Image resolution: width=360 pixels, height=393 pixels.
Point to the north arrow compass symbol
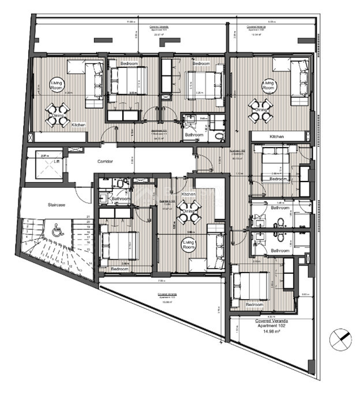click(x=340, y=338)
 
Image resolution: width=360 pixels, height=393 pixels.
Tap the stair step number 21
click(x=88, y=217)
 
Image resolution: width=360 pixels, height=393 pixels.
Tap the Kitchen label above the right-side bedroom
click(x=276, y=137)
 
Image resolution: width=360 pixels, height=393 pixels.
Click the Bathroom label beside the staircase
click(x=121, y=199)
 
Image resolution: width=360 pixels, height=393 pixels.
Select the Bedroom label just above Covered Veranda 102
click(x=254, y=304)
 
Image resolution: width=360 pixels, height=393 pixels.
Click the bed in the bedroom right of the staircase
click(x=119, y=245)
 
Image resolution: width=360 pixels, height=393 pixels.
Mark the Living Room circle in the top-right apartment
click(x=269, y=86)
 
